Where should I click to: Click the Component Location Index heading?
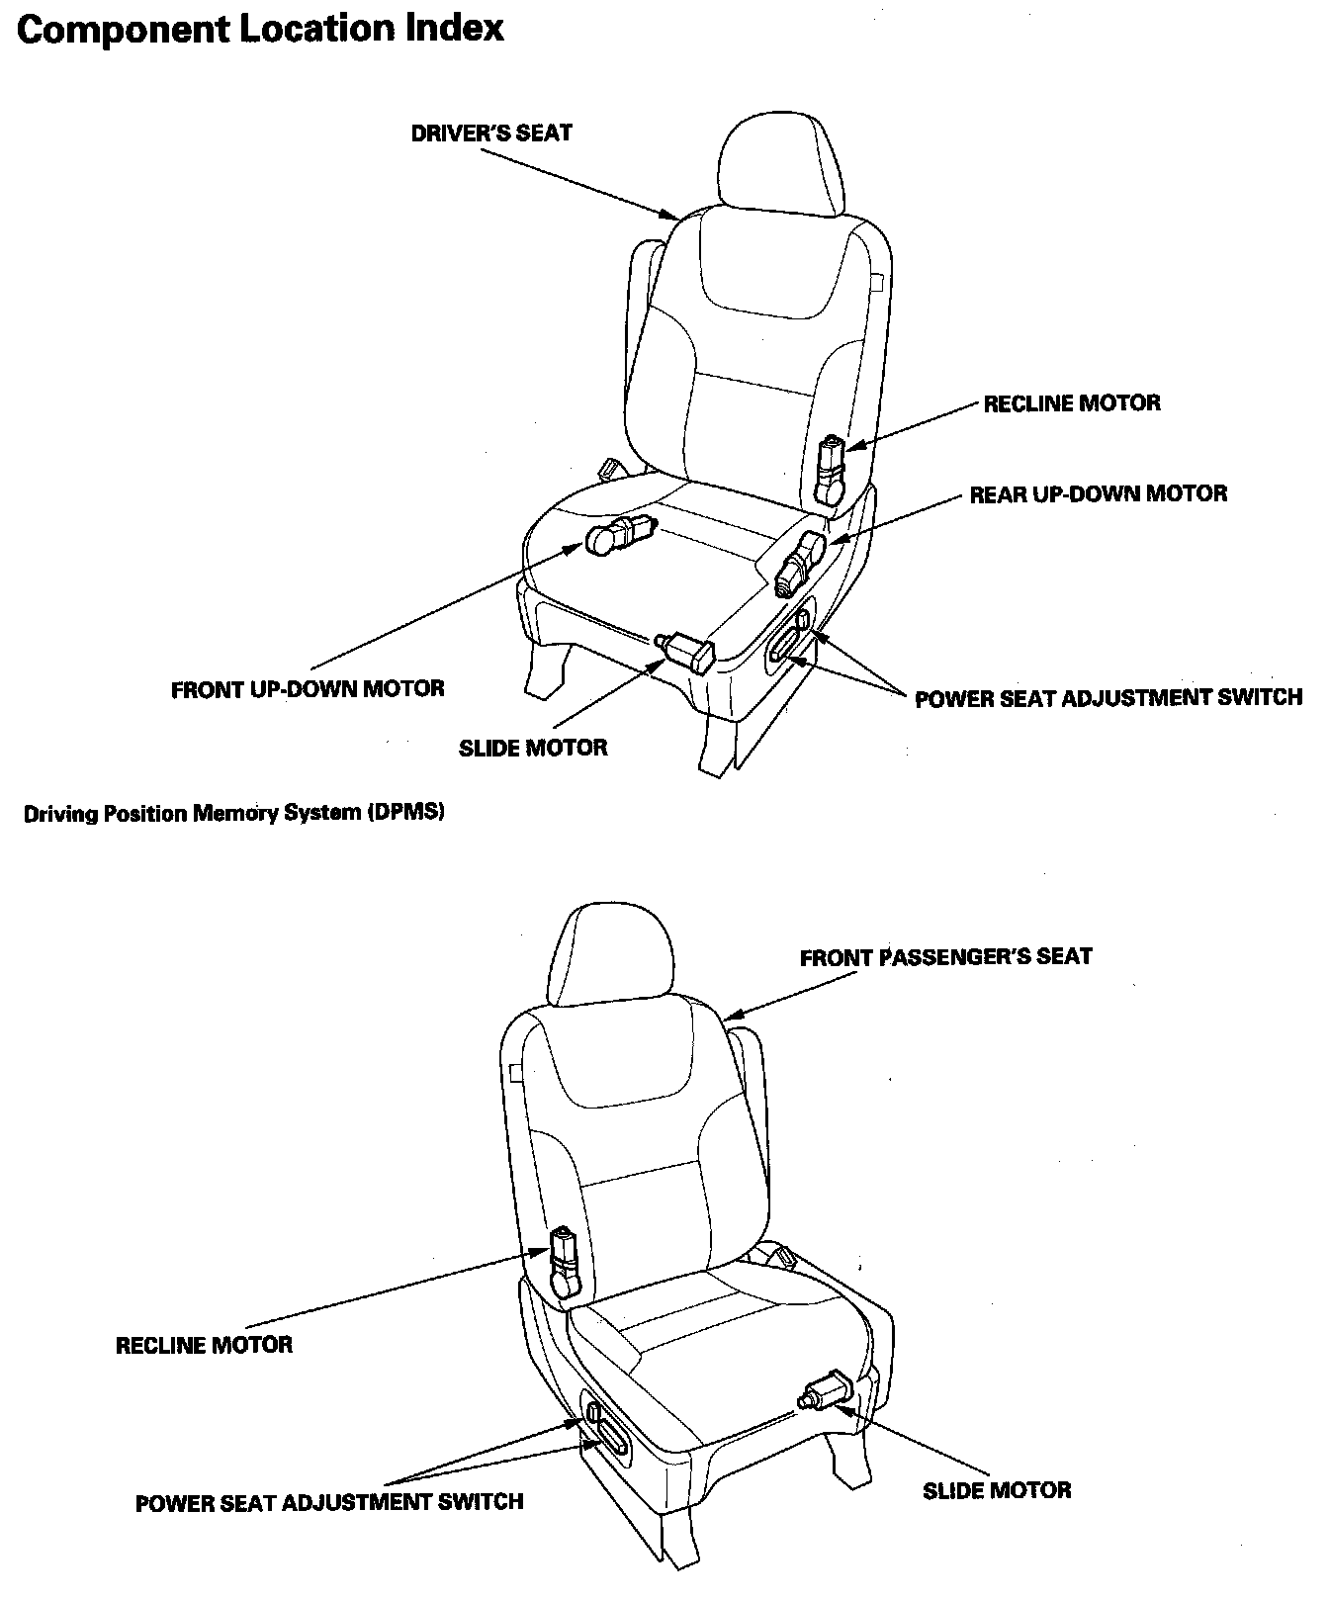(260, 30)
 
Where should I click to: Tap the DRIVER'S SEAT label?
(491, 133)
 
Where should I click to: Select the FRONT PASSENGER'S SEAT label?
(945, 957)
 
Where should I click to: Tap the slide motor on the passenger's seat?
(827, 1390)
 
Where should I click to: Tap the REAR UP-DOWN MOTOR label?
(1098, 493)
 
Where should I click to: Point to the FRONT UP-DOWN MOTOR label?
(308, 688)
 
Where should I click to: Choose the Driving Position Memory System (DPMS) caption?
(234, 814)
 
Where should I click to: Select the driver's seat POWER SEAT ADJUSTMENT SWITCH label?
(1107, 698)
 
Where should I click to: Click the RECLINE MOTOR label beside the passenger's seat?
(205, 1345)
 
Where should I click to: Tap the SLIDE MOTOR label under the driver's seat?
(533, 748)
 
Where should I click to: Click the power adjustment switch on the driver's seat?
(790, 638)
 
